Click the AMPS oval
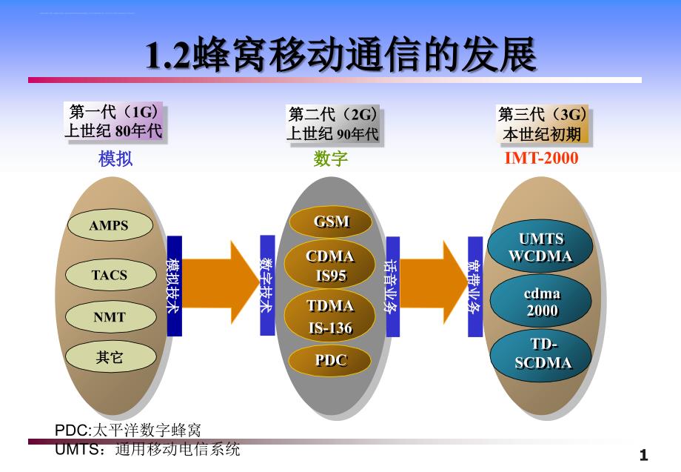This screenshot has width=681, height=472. (x=109, y=226)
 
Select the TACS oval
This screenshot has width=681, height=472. (x=109, y=275)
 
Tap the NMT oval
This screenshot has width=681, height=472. (x=109, y=317)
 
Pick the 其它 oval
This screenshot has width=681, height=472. (x=109, y=358)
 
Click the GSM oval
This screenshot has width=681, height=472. (x=331, y=222)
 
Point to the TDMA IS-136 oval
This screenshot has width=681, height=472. (x=330, y=316)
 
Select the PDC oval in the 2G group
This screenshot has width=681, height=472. (x=331, y=361)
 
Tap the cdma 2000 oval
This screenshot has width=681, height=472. (x=541, y=302)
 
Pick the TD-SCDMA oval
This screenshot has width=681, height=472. (x=543, y=353)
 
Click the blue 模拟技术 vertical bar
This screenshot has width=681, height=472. (x=174, y=285)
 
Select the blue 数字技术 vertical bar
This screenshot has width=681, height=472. (x=267, y=285)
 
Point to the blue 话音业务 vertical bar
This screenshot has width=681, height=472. (x=392, y=285)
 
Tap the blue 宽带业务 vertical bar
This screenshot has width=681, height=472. (x=474, y=285)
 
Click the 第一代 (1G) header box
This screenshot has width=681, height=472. (x=113, y=122)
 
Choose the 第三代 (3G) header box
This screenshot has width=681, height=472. (x=543, y=124)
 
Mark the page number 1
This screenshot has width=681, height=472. (x=643, y=454)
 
